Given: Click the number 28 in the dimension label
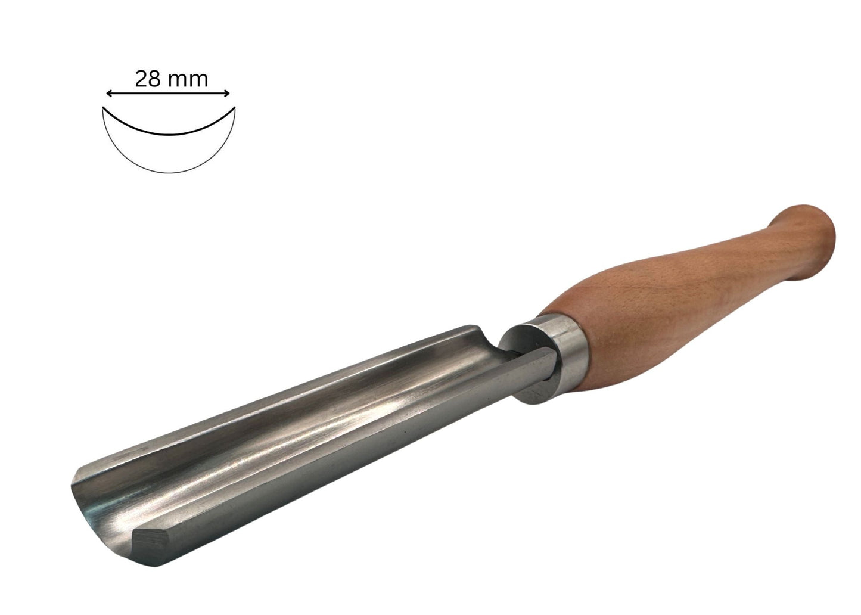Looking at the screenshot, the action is (x=148, y=79).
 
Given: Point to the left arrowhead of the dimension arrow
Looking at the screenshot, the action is (x=109, y=94).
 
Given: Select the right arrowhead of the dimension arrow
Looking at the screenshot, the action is (x=227, y=94).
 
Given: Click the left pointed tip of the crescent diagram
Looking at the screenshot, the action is (x=102, y=108).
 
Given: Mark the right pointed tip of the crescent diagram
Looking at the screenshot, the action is (x=235, y=107).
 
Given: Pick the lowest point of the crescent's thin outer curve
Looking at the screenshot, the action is (x=169, y=173).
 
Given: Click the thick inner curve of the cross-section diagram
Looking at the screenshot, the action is (x=169, y=134).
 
